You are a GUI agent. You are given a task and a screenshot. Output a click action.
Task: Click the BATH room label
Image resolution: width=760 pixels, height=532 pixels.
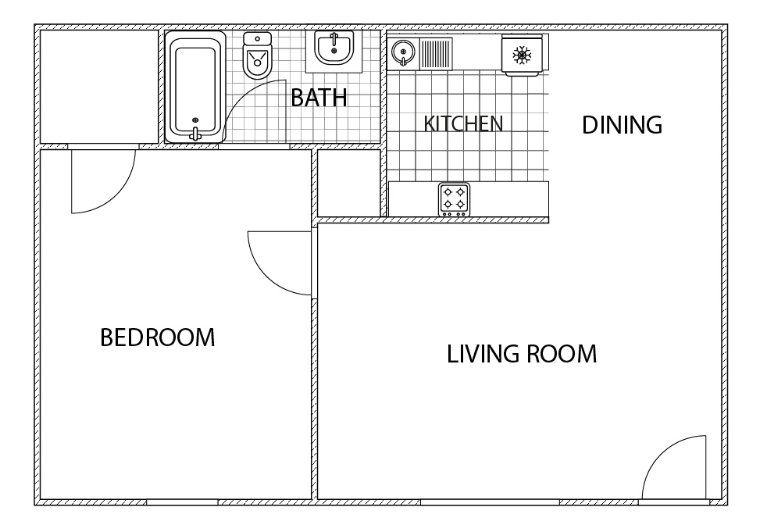[x=319, y=98]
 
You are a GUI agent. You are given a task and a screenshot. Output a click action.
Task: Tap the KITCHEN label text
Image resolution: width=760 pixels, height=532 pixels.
[x=463, y=123]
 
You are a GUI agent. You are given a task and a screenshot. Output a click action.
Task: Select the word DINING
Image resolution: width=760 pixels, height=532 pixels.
[x=622, y=125]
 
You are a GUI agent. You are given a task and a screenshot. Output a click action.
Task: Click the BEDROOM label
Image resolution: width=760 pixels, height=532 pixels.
[x=158, y=337]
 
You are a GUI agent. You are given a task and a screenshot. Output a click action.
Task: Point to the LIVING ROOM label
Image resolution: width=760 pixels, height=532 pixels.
[x=522, y=354]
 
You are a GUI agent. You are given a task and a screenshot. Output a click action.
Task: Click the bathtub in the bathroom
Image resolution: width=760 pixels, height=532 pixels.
[x=194, y=87]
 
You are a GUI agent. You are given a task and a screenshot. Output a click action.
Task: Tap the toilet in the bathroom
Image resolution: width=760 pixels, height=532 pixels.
[x=258, y=55]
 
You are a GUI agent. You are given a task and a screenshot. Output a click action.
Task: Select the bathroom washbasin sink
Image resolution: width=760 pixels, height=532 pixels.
[x=334, y=48]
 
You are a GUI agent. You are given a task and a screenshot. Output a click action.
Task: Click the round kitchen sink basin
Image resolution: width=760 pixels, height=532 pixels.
[x=403, y=52]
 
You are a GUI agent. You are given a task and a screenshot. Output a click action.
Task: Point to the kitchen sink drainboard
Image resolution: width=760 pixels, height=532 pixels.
[x=436, y=54]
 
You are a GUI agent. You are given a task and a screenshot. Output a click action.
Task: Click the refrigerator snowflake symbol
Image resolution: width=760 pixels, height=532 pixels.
[x=522, y=55]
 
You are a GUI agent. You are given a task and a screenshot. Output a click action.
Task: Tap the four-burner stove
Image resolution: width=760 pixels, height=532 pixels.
[x=454, y=199]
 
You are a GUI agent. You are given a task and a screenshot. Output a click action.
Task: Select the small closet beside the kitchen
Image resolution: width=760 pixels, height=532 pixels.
[x=348, y=183]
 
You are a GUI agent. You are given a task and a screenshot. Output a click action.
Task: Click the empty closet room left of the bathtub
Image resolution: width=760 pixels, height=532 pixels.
[x=99, y=87]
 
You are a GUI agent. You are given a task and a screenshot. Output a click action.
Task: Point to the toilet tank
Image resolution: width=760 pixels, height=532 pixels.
[x=258, y=39]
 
